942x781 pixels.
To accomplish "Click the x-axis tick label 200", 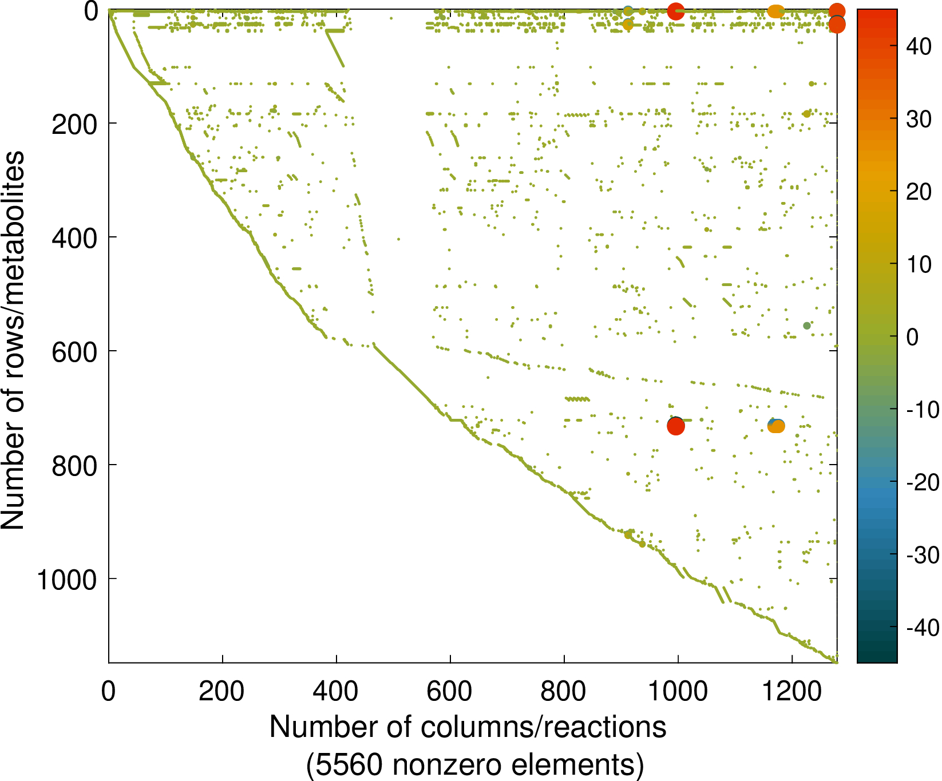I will click(221, 692).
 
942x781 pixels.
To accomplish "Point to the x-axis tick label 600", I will click(450, 692).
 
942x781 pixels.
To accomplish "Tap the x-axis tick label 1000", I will click(678, 692).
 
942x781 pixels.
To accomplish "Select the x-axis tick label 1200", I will click(791, 692).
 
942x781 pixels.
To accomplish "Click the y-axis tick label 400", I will click(74, 237).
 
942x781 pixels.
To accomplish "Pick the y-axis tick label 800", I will click(74, 465).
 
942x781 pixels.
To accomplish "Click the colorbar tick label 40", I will click(919, 47).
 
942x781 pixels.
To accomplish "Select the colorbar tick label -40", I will click(922, 628).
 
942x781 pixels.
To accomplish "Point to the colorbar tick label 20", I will click(919, 192).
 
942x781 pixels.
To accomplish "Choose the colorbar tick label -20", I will click(922, 482).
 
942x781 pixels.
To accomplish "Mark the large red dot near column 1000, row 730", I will click(676, 425).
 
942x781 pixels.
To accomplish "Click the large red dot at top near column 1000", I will click(676, 11).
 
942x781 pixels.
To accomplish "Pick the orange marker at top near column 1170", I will click(775, 11).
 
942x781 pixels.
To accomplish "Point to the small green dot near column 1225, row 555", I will click(807, 326).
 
